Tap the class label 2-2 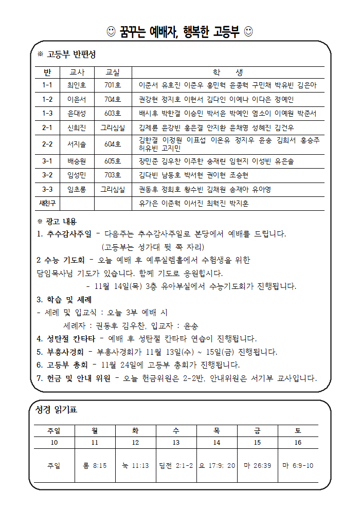point(47,144)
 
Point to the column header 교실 point(112,72)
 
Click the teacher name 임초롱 point(77,189)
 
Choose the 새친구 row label point(47,203)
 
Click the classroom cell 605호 point(112,161)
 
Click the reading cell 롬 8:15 point(95,465)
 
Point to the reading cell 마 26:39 point(257,465)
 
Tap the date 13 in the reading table point(176,442)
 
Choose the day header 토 point(298,430)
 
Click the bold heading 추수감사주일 point(68,234)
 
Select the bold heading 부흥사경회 point(64,352)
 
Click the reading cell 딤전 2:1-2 point(176,465)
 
